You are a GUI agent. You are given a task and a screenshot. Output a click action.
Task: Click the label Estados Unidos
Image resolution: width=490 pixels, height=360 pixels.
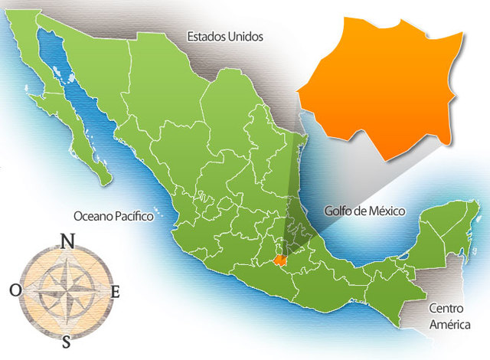point(226,36)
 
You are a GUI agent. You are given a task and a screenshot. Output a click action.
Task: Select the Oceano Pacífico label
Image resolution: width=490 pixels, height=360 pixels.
point(114,216)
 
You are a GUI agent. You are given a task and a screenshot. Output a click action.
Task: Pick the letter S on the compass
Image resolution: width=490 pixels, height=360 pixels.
point(67,341)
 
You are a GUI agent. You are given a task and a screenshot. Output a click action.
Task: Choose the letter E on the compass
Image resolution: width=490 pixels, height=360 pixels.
point(116,291)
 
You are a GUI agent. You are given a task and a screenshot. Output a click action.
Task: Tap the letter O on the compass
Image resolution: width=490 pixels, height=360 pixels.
point(16,290)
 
